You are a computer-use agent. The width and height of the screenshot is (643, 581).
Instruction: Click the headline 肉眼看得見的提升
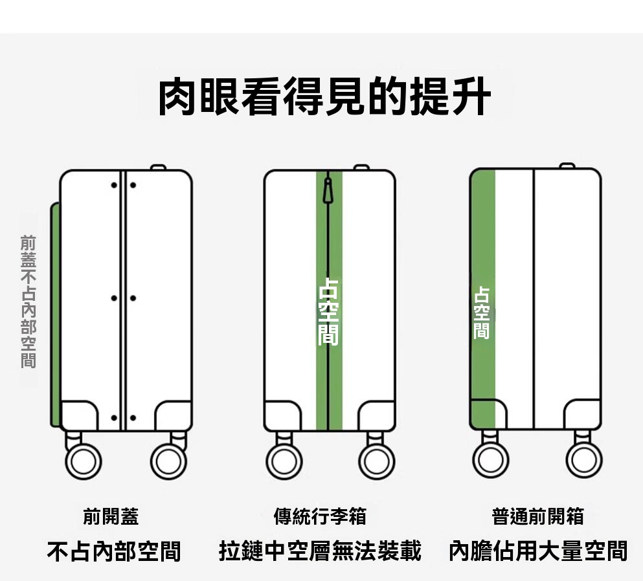click(324, 97)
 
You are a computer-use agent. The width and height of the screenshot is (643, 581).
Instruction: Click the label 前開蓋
click(111, 516)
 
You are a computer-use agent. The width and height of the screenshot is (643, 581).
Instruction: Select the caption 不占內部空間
click(114, 551)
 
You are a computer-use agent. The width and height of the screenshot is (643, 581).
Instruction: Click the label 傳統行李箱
click(320, 516)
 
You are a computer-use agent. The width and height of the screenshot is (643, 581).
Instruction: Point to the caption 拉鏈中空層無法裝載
click(320, 551)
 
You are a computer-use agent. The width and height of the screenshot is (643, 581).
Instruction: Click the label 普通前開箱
click(537, 516)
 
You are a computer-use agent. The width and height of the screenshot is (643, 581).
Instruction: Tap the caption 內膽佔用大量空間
click(538, 551)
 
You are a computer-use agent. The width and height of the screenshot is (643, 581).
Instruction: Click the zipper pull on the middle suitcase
click(329, 190)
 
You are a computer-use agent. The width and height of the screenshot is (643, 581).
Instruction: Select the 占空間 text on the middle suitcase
click(328, 311)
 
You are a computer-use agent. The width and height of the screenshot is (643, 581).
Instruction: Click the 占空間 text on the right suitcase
click(481, 312)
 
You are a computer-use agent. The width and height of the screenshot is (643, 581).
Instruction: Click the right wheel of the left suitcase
click(168, 461)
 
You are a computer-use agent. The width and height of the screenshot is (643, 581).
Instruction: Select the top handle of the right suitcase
click(567, 166)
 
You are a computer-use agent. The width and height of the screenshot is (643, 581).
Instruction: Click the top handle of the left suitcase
click(158, 168)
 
